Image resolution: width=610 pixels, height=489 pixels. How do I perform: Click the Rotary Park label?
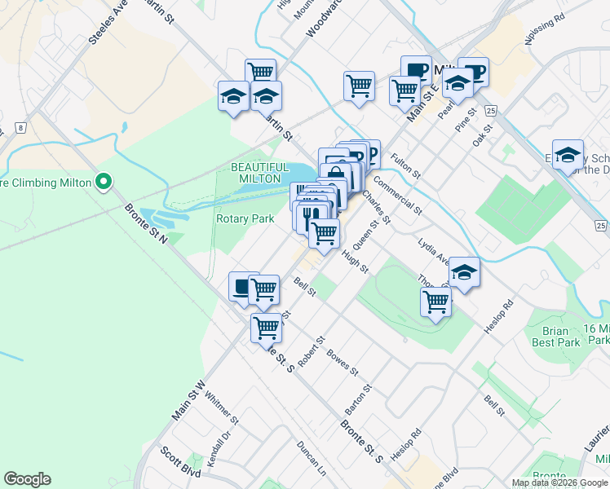click(245, 218)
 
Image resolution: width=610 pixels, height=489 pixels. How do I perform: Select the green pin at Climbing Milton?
click(103, 181)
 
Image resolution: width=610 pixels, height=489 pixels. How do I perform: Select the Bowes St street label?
click(343, 360)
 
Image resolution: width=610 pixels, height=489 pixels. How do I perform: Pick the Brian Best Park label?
click(560, 337)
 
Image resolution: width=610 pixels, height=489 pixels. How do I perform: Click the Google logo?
click(27, 479)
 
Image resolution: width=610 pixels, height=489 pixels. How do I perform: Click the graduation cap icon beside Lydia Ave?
click(464, 272)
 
